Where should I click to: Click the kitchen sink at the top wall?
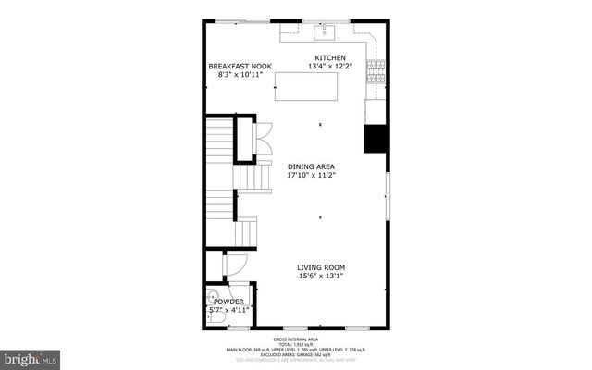tap(324, 34)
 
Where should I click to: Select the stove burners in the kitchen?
tap(376, 68)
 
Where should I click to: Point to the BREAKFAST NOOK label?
tap(240, 66)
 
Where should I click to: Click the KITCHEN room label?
tap(329, 57)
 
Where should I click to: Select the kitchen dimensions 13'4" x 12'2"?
tap(329, 66)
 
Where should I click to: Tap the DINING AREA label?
tap(310, 166)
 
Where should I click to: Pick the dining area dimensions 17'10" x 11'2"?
tap(310, 175)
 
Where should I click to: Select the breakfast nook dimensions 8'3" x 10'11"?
tap(240, 74)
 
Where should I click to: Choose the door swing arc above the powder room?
tap(235, 265)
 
